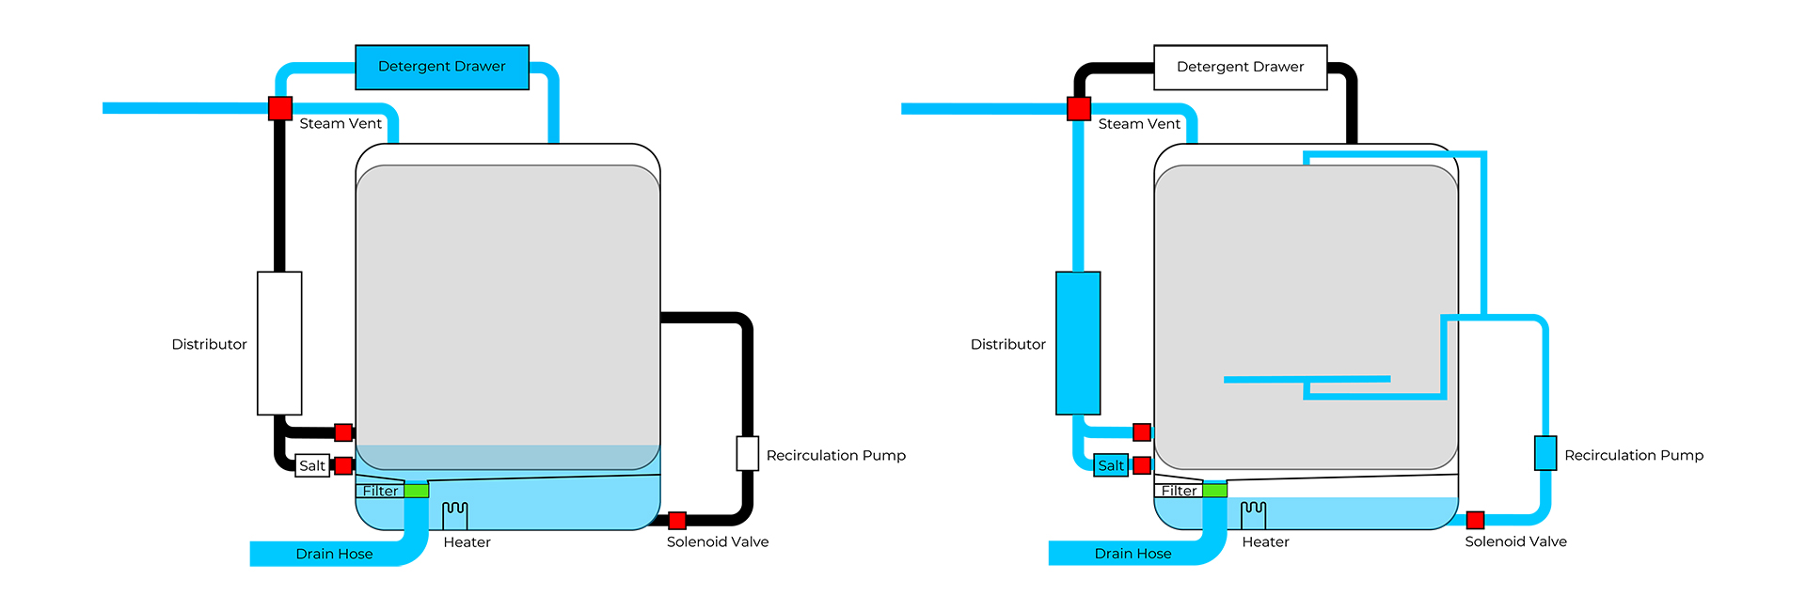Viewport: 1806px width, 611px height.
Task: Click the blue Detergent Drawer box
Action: [442, 67]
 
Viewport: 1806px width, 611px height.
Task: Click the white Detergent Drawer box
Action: [1240, 67]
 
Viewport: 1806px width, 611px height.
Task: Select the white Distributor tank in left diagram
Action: [279, 343]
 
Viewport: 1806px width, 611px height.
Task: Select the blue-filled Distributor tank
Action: [1078, 343]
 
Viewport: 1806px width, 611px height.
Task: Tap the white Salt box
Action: [312, 465]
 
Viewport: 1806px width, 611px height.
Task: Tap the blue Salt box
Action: [1111, 465]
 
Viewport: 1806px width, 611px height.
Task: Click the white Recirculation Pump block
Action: [747, 453]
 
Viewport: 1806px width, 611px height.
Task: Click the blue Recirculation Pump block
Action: [1545, 453]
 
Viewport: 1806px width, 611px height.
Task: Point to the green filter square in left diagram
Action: [417, 490]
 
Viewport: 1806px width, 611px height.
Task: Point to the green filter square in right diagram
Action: [1215, 490]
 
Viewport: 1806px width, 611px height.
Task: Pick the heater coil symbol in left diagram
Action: [455, 513]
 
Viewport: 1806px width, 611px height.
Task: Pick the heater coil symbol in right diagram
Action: [1253, 513]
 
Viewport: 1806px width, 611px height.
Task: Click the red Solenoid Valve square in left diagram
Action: [677, 521]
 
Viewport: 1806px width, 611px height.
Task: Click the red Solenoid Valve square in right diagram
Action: [1475, 520]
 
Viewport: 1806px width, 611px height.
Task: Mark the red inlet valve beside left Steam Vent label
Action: [280, 108]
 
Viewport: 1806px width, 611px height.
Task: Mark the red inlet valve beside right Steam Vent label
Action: [1079, 108]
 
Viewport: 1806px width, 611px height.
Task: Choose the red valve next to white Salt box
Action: [343, 465]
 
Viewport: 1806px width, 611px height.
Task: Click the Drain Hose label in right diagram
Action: [1133, 554]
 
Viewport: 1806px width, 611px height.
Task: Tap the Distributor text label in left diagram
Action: [209, 345]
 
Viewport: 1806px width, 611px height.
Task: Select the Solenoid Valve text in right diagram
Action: [1515, 542]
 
